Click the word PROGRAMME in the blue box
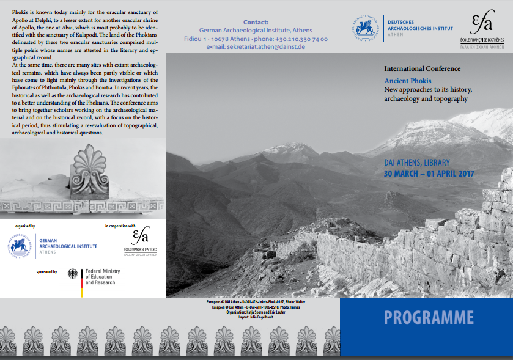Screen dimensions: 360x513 pos(429,318)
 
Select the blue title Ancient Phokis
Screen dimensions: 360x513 pos(407,81)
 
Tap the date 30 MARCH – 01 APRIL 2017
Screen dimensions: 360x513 pos(429,174)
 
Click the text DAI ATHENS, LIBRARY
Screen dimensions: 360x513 pos(416,163)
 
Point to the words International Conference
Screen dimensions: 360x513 pos(422,68)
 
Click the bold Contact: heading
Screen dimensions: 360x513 pos(256,22)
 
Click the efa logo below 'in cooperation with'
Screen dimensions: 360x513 pos(141,240)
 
